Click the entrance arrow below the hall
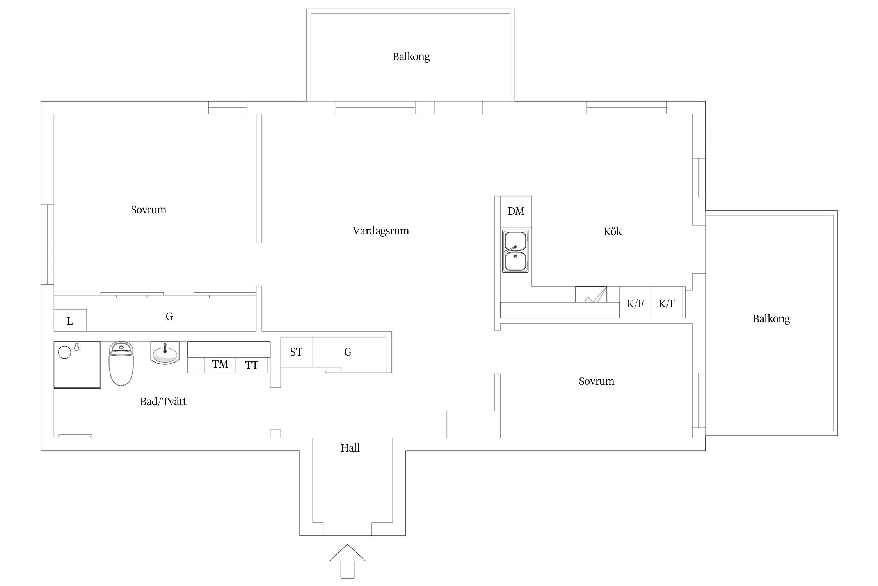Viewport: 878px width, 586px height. (x=347, y=561)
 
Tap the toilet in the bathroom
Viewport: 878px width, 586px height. (x=121, y=364)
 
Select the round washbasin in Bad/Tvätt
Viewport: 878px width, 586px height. (x=165, y=353)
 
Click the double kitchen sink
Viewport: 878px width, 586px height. (x=515, y=251)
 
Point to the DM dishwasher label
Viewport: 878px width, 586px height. (x=516, y=211)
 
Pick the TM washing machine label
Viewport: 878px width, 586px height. (x=220, y=364)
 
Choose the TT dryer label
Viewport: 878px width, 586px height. (x=252, y=365)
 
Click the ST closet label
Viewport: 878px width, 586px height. (x=296, y=352)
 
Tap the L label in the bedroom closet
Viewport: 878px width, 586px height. (x=70, y=321)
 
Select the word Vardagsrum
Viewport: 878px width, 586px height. (x=381, y=231)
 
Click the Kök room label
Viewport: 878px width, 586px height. (x=613, y=231)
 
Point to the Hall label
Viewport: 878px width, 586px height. (x=350, y=448)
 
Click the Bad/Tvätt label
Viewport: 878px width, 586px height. (x=163, y=402)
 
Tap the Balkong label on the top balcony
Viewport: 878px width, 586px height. (x=411, y=57)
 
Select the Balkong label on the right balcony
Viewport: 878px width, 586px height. (x=771, y=319)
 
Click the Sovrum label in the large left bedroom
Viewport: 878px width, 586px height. (x=149, y=210)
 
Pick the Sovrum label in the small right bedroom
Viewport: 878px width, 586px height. (x=597, y=381)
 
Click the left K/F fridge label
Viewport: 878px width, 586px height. (x=635, y=304)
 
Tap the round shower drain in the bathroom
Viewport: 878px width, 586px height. (x=64, y=352)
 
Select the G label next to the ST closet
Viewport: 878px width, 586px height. (x=348, y=352)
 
